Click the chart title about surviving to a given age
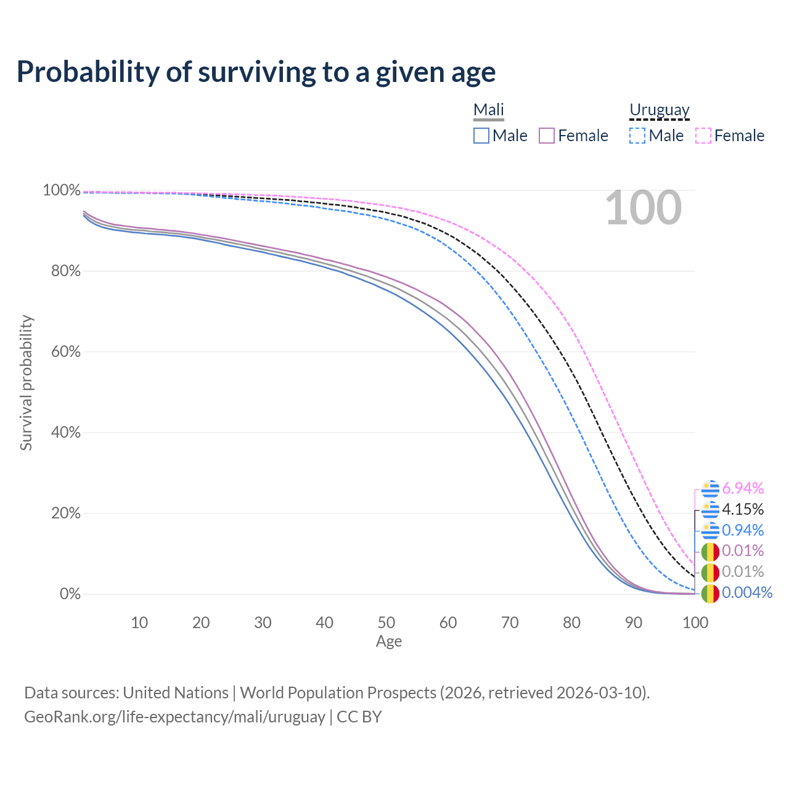[x=256, y=72]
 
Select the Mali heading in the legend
[x=489, y=110]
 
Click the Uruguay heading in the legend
[x=659, y=110]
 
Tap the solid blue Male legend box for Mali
[x=481, y=136]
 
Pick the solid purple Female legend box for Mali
[x=547, y=136]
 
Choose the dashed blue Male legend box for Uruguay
[x=637, y=136]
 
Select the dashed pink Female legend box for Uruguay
[x=703, y=136]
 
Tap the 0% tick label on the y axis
[x=70, y=594]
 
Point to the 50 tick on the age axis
[x=386, y=623]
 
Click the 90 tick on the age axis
[x=634, y=623]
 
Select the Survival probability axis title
[x=26, y=383]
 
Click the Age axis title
[x=389, y=642]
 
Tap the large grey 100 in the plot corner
[x=643, y=208]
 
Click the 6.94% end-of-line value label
[x=743, y=489]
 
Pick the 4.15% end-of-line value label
[x=743, y=510]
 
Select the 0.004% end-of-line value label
[x=746, y=593]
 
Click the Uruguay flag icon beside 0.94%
[x=710, y=530]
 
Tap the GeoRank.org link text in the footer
[x=174, y=717]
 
